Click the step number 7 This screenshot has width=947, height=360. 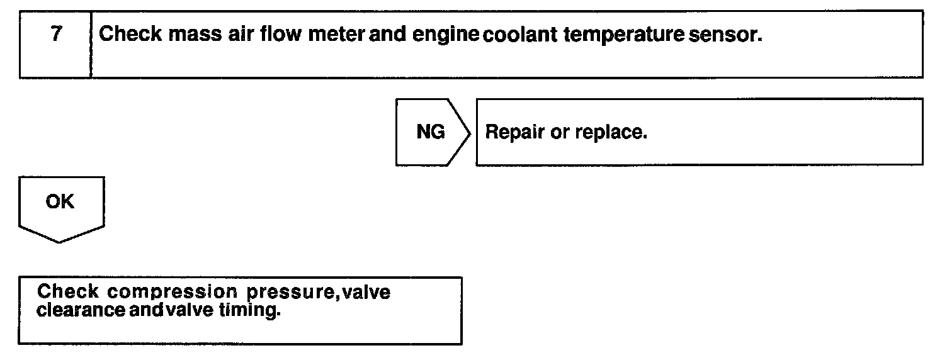point(56,34)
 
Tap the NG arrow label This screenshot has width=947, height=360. point(431,132)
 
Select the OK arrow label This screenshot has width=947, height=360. point(60,202)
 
